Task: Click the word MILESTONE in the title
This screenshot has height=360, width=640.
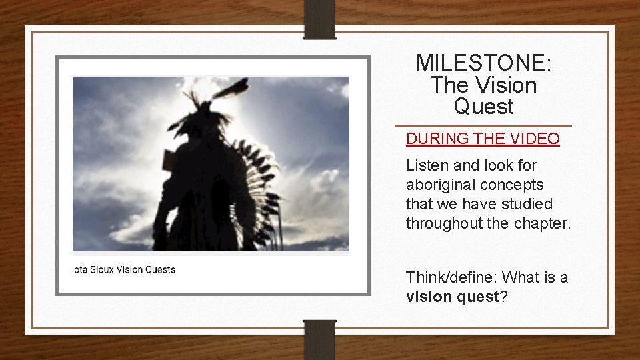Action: click(x=482, y=63)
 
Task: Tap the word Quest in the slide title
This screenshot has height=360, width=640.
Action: click(x=483, y=106)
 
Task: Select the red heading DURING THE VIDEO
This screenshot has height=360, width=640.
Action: click(x=483, y=139)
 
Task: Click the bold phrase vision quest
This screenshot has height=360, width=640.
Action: click(x=452, y=297)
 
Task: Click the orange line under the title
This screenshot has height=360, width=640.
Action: click(x=483, y=125)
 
